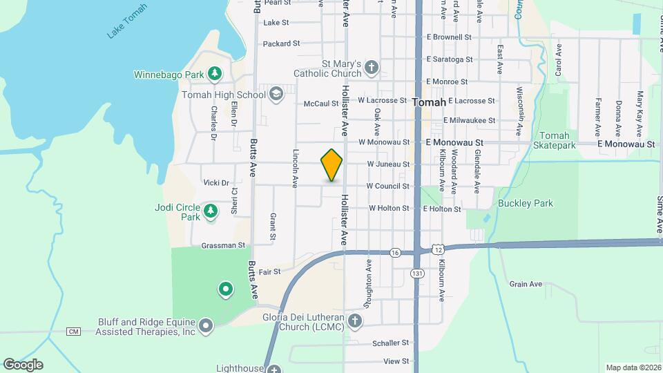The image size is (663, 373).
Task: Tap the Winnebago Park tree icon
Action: [x=215, y=73]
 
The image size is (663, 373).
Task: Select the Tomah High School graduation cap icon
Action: [x=276, y=95]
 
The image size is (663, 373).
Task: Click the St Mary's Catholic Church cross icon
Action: [x=372, y=68]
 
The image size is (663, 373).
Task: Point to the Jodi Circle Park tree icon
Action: [x=211, y=211]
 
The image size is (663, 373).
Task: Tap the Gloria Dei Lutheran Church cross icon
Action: [x=354, y=321]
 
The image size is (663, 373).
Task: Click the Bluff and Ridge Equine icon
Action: [x=205, y=326]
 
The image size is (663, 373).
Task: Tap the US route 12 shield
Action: [x=437, y=249]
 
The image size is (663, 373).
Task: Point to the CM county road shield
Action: [x=74, y=332]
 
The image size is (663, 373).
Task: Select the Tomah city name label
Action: [x=428, y=102]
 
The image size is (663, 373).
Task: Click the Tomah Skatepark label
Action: [x=555, y=140]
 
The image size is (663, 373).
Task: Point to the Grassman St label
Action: [x=223, y=245]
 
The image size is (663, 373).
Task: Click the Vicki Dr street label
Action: [x=216, y=183]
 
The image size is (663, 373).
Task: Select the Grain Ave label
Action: [x=526, y=284]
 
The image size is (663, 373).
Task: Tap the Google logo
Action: [x=23, y=365]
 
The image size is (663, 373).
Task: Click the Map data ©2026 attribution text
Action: [x=633, y=367]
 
